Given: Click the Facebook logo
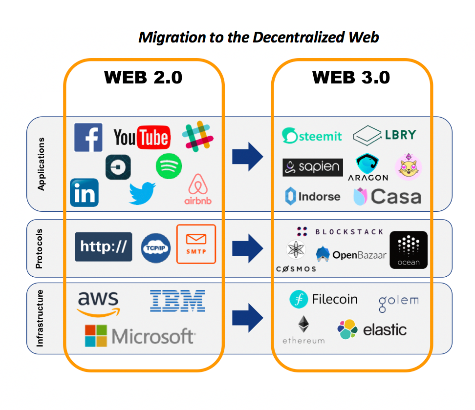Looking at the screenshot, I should (88, 138).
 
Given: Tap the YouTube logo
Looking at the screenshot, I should (141, 137).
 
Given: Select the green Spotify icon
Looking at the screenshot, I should (169, 166).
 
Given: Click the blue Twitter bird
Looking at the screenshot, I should (142, 193).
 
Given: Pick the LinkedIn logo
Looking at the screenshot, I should (84, 192).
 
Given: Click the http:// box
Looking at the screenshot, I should (103, 246).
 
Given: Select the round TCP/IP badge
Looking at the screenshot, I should (155, 247).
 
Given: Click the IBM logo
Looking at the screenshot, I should (177, 301).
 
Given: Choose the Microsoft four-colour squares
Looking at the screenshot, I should (96, 336).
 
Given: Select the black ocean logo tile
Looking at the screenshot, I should (409, 250).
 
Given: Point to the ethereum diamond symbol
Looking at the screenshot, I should (303, 325).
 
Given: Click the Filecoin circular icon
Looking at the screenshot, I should (298, 299).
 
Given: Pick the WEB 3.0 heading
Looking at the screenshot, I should (351, 78).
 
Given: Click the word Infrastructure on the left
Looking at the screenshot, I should (40, 318).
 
